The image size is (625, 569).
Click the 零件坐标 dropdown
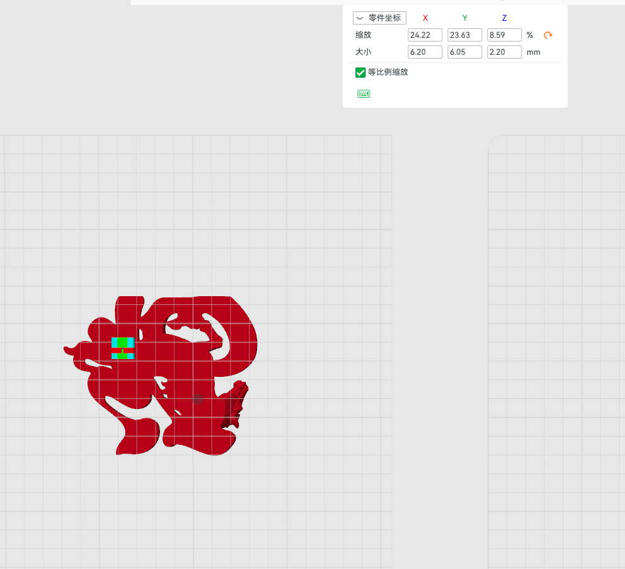click(x=379, y=18)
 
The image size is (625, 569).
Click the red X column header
click(x=425, y=18)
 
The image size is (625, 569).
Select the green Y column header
click(x=465, y=18)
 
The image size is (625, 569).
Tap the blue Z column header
click(x=504, y=18)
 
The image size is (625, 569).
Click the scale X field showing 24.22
click(x=425, y=35)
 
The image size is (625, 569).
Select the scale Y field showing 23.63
click(x=465, y=35)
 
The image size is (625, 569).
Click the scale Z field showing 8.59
click(x=504, y=35)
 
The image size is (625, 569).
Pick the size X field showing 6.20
click(x=425, y=52)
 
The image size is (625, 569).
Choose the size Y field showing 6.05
click(x=465, y=52)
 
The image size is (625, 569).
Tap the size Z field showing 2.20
click(x=504, y=52)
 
